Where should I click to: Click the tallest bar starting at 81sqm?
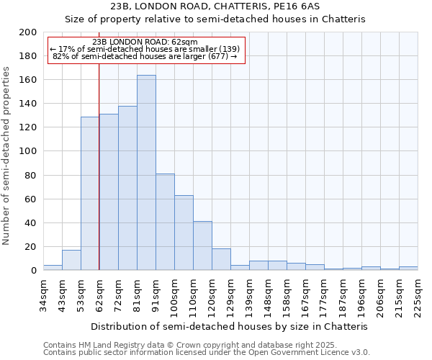coord(146,173)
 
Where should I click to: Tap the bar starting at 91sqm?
coord(165,222)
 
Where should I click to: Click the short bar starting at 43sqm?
coord(71,260)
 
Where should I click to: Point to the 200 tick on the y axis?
coord(28,32)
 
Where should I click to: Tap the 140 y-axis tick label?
coord(28,104)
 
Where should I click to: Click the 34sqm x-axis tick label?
coord(43,295)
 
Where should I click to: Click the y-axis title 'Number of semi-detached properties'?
coord(7,155)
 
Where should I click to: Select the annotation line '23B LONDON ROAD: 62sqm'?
coord(145,42)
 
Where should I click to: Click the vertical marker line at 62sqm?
coord(99,180)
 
